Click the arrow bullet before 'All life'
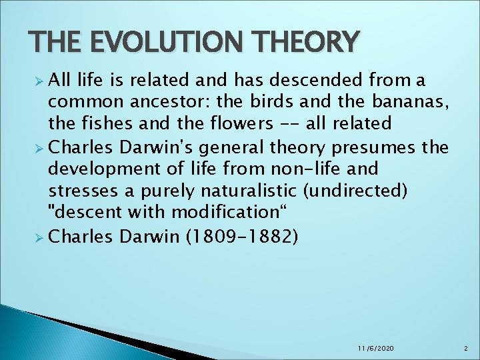point(38,81)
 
